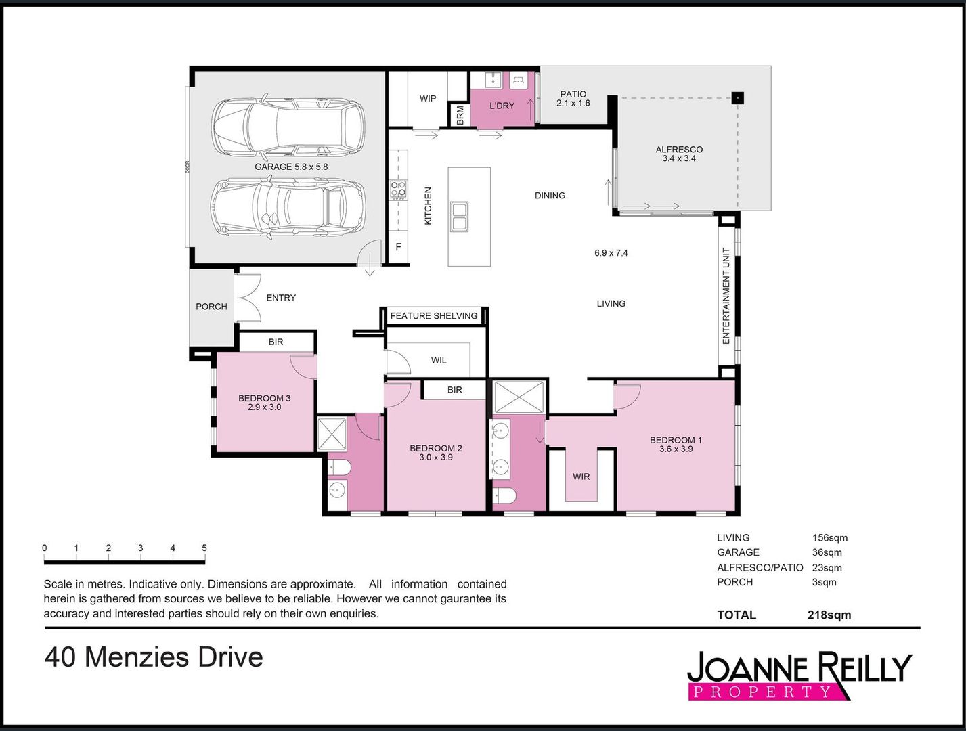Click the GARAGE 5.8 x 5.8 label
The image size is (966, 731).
coord(291,167)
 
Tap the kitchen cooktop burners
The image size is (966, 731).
coord(398,190)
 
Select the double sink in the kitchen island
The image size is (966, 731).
coord(459,217)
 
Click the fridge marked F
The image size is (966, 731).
coord(398,247)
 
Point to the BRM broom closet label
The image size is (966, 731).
coord(460,115)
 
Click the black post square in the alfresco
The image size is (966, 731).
coord(738,98)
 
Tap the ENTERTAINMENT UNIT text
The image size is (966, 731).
coord(726,296)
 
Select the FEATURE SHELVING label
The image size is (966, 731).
coord(433,316)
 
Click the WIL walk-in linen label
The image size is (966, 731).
coord(439,361)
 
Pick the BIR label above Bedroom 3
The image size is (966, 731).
coord(276,342)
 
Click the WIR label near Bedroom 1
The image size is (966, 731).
coord(581,477)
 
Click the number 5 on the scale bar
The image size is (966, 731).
coord(204,548)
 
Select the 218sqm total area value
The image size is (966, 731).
coord(829,615)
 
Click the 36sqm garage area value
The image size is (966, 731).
coord(827,552)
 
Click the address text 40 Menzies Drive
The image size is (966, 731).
coord(154,657)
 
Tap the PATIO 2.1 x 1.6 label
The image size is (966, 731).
coord(573,99)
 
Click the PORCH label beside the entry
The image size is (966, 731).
coord(211,307)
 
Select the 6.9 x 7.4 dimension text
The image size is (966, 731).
coord(611,253)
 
